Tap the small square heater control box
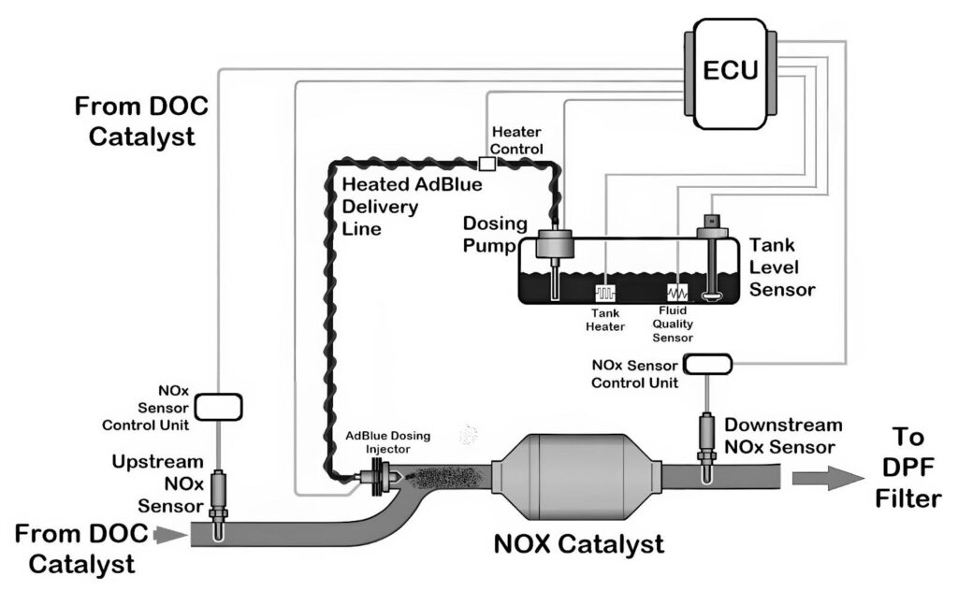[486, 164]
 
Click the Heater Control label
[515, 141]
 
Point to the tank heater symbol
[603, 291]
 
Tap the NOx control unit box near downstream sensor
[708, 363]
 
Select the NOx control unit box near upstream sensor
[217, 406]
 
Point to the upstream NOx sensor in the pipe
[218, 496]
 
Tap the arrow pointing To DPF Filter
[827, 477]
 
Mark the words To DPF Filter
[907, 468]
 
